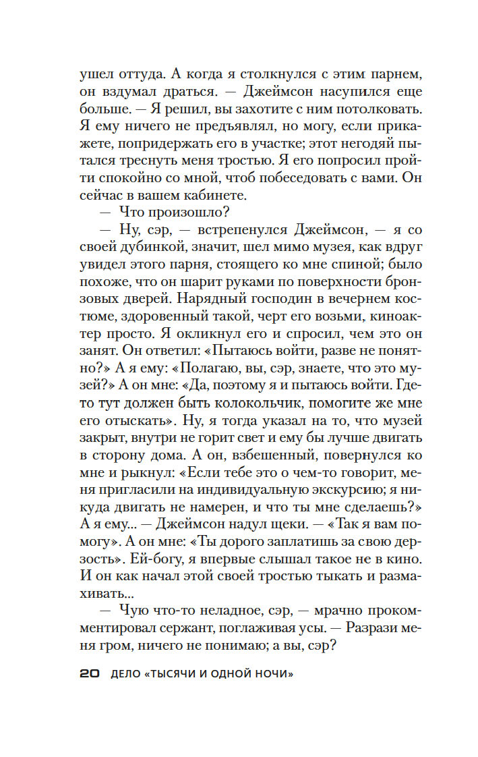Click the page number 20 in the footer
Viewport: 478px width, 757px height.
pos(90,674)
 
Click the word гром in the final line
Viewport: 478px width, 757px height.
pos(111,645)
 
